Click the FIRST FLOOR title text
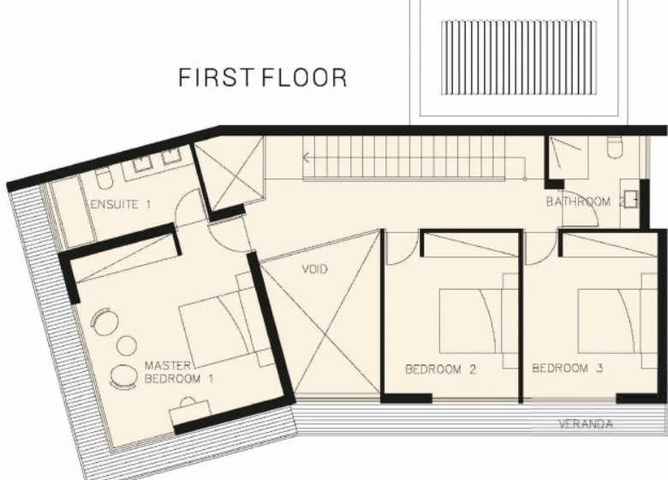pos(262,78)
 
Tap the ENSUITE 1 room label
pos(121,204)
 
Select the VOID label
pos(315,269)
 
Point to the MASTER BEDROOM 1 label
pos(178,372)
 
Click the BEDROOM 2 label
pos(440,369)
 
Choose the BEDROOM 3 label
pos(568,368)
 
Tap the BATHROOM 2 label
pos(586,201)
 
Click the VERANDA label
pos(586,424)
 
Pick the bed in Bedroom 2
pos(474,321)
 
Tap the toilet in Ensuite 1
pos(103,179)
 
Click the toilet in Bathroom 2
pos(615,147)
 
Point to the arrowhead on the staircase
pos(306,158)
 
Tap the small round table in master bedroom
pos(127,345)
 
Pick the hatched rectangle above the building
pos(518,57)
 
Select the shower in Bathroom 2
pos(567,157)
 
